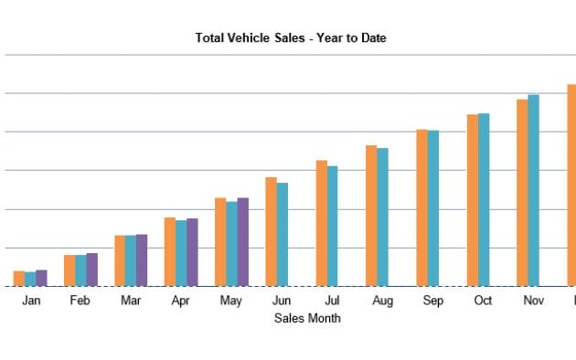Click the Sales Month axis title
(307, 318)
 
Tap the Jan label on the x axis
(31, 300)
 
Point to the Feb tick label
(80, 300)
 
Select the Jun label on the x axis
(282, 300)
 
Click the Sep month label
(432, 300)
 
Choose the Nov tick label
(533, 300)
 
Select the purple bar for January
(41, 278)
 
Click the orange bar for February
(69, 270)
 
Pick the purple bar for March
(142, 260)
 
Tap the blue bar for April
(181, 253)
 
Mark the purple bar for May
(242, 242)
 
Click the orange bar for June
(271, 232)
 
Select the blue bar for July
(333, 226)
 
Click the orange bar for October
(472, 200)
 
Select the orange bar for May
(220, 242)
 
